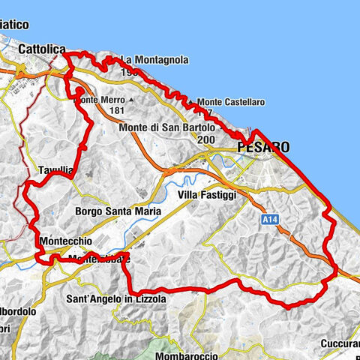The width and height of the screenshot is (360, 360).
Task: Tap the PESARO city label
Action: [x=262, y=148]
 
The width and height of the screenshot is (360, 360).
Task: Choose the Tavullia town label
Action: [x=55, y=170]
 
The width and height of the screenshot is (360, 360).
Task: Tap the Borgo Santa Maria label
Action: [x=118, y=211]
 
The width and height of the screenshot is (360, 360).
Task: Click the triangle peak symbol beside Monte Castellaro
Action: [x=191, y=101]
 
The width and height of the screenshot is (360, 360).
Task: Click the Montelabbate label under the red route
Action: [x=97, y=259]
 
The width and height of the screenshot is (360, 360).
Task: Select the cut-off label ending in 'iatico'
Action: [x=14, y=25]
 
